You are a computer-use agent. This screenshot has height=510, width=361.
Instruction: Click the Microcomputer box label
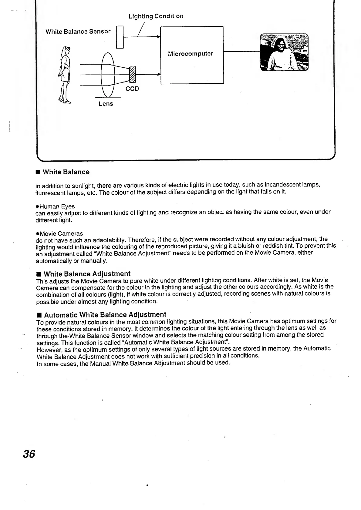pyautogui.click(x=191, y=54)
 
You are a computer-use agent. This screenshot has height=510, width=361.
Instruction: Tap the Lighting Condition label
pyautogui.click(x=156, y=16)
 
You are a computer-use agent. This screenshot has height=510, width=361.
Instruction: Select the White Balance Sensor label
pyautogui.click(x=78, y=32)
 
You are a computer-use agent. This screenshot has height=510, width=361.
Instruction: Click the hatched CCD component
pyautogui.click(x=132, y=74)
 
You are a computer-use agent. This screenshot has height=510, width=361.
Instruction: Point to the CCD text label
pyautogui.click(x=132, y=89)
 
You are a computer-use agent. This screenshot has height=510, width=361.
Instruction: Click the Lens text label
pyautogui.click(x=106, y=104)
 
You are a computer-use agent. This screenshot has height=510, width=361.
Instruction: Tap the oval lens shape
pyautogui.click(x=108, y=74)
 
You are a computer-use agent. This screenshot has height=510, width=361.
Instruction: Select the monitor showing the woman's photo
pyautogui.click(x=284, y=52)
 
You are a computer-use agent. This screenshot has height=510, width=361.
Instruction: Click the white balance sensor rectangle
pyautogui.click(x=120, y=37)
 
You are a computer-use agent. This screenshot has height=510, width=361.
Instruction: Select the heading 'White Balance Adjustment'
pyautogui.click(x=87, y=274)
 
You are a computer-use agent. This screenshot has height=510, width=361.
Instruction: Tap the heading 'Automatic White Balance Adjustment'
pyautogui.click(x=105, y=314)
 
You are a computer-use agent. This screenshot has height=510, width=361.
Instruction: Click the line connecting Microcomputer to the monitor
pyautogui.click(x=242, y=52)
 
